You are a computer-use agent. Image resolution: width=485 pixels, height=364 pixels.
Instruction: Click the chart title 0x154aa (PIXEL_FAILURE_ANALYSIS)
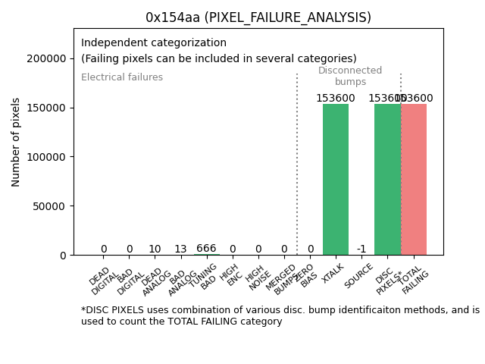pyautogui.click(x=258, y=17)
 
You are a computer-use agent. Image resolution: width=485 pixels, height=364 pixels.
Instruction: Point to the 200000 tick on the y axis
pyautogui.click(x=46, y=58)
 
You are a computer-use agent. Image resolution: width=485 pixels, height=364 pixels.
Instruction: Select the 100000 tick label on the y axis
pyautogui.click(x=46, y=157)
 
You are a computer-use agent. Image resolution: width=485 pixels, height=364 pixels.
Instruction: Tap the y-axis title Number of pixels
pyautogui.click(x=16, y=142)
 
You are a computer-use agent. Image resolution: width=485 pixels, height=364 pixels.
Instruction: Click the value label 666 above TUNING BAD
pyautogui.click(x=206, y=249)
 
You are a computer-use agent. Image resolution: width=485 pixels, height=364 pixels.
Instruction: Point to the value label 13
pyautogui.click(x=180, y=249)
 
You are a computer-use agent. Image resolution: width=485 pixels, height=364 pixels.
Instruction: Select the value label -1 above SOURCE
pyautogui.click(x=361, y=249)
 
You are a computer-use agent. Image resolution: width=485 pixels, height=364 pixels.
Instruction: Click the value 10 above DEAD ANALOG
pyautogui.click(x=155, y=249)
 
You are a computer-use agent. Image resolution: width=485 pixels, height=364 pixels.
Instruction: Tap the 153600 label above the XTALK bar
pyautogui.click(x=336, y=99)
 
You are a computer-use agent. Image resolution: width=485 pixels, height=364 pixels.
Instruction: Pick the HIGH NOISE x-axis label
pyautogui.click(x=255, y=278)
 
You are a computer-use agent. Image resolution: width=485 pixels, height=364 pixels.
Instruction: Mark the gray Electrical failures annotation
pyautogui.click(x=122, y=77)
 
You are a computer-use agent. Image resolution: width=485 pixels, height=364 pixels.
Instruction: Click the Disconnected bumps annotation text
pyautogui.click(x=350, y=76)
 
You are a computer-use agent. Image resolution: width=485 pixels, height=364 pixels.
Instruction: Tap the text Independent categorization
pyautogui.click(x=154, y=43)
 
